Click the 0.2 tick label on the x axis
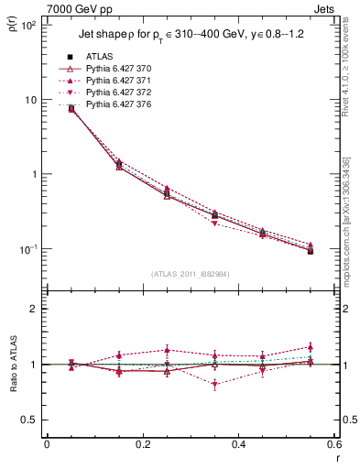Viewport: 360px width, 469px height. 142,444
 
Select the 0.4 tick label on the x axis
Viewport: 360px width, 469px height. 238,444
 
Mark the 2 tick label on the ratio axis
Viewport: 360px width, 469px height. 35,309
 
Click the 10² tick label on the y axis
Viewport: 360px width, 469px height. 28,26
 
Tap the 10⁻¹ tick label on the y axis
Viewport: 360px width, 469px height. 28,249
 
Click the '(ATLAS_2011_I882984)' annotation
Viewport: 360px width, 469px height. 190,274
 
